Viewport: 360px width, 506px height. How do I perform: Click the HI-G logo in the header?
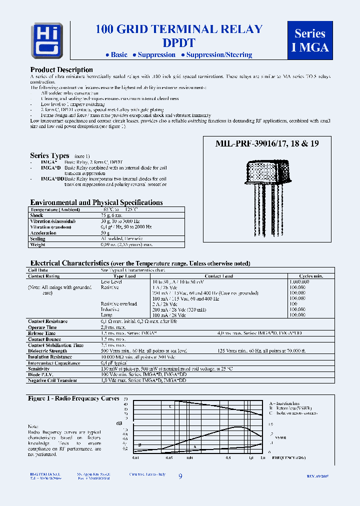(x=47, y=40)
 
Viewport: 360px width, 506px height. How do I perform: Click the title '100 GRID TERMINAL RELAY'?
(x=179, y=29)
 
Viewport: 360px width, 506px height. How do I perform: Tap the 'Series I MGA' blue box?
(x=310, y=40)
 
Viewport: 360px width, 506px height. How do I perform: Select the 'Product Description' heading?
(x=61, y=70)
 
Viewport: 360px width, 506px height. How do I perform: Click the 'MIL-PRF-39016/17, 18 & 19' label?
(x=267, y=143)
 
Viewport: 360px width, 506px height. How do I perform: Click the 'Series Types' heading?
(x=49, y=156)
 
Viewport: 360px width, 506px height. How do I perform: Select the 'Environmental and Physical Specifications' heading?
(x=96, y=202)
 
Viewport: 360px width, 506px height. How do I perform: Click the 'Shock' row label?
(x=36, y=215)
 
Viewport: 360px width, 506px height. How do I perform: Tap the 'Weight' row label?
(x=38, y=244)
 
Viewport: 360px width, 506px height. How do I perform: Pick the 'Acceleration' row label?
(x=43, y=233)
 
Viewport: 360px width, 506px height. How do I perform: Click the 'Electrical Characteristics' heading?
(x=69, y=263)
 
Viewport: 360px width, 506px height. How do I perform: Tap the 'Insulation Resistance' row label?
(x=50, y=357)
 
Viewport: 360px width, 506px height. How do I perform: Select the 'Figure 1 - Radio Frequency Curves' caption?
(x=73, y=398)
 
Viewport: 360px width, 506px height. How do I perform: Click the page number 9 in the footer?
(x=180, y=477)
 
